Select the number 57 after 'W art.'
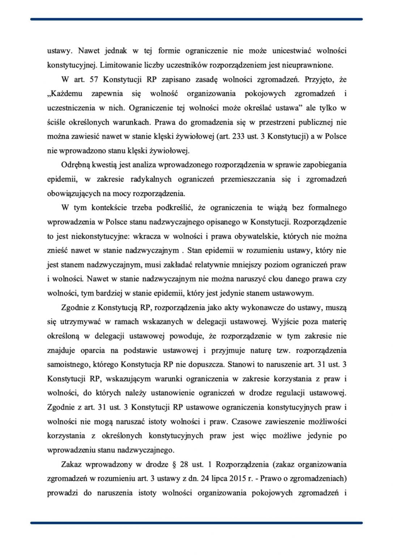coord(93,79)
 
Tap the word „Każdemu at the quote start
coord(65,94)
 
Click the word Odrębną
coord(75,165)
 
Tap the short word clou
coord(275,279)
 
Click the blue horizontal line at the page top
coord(196,19)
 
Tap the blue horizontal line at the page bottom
coord(196,522)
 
